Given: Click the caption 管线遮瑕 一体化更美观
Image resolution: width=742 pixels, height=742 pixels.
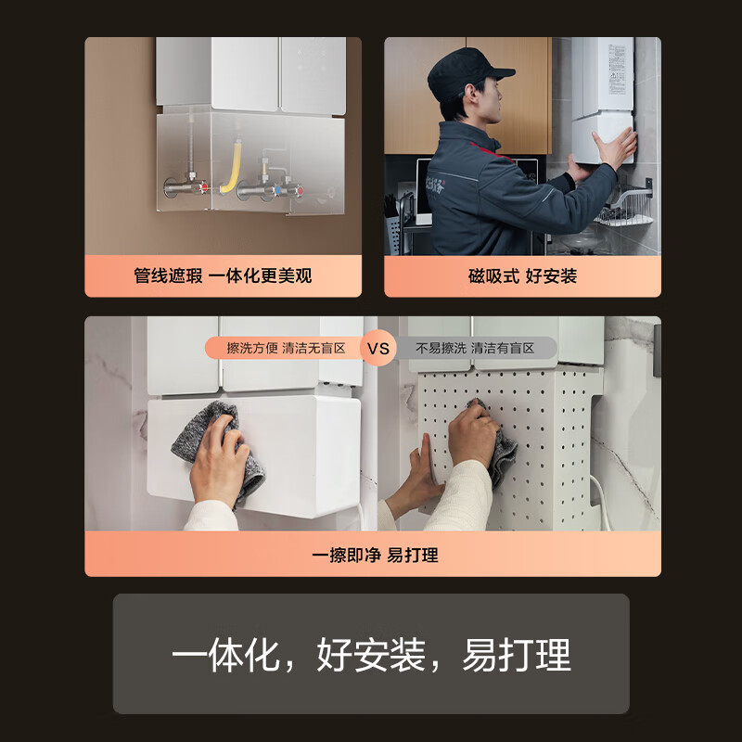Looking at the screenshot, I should click(223, 276).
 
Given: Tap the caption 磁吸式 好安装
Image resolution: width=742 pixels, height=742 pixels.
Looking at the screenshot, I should click(522, 276).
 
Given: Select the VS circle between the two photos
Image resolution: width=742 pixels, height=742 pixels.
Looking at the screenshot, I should click(378, 348).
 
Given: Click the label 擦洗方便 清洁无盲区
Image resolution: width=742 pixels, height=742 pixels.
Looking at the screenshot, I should click(286, 348).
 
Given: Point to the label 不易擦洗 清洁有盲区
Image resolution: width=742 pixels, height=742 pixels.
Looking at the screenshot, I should click(475, 348).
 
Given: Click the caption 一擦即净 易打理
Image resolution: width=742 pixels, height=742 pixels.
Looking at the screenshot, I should click(374, 555).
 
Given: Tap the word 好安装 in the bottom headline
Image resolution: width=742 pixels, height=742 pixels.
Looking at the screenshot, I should click(370, 655).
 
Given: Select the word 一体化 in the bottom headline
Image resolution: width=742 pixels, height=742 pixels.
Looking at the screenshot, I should click(224, 655).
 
